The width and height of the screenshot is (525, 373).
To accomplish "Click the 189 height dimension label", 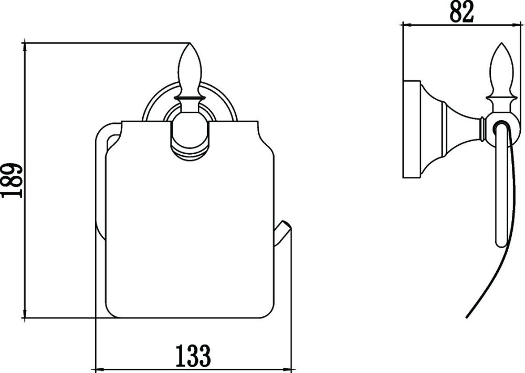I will pos(12,180).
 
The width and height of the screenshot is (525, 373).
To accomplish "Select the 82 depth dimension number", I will pos(461,12).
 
